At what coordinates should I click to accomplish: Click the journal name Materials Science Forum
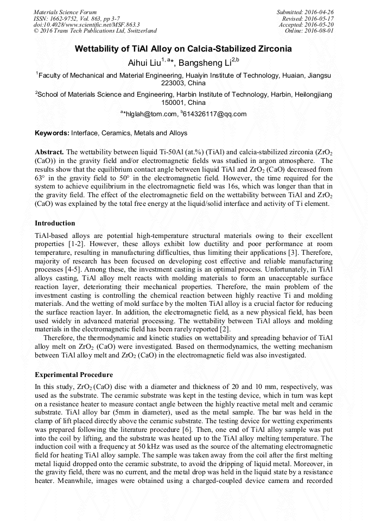pos(65,11)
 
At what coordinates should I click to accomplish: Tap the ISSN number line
pos(78,18)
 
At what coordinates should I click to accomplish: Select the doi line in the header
pos(86,24)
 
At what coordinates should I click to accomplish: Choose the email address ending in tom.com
pos(153,114)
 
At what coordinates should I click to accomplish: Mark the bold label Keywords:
pos(52,133)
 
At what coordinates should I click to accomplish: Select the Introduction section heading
pos(55,223)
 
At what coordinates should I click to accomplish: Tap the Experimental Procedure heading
pos(74,374)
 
